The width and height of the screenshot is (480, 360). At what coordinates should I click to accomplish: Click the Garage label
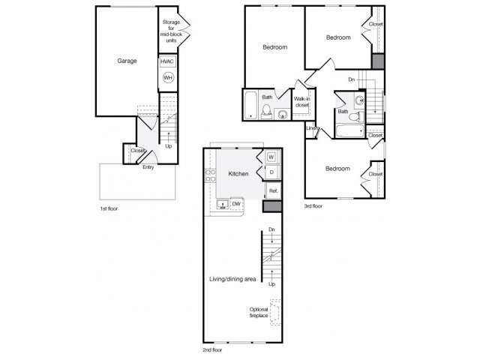click(x=127, y=61)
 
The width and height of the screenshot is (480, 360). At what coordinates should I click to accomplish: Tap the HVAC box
click(x=167, y=61)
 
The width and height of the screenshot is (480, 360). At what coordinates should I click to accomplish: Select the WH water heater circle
click(x=168, y=78)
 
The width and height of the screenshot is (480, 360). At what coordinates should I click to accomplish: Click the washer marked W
click(x=271, y=157)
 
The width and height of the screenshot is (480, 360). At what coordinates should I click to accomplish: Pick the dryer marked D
click(x=271, y=172)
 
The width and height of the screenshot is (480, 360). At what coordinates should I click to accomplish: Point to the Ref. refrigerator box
click(x=273, y=190)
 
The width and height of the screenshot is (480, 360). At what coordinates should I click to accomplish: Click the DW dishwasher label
click(x=236, y=204)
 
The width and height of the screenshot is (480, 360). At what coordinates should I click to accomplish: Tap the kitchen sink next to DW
click(x=223, y=204)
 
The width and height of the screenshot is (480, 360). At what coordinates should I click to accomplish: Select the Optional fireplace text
click(x=259, y=312)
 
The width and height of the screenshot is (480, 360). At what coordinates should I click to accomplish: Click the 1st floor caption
click(x=109, y=208)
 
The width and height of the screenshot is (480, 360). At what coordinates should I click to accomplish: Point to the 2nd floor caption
click(x=212, y=349)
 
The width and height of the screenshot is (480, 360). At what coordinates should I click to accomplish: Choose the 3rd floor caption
click(x=313, y=206)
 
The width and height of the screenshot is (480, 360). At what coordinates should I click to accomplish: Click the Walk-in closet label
click(x=301, y=102)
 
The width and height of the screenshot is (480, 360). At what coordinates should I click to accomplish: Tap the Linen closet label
click(x=313, y=128)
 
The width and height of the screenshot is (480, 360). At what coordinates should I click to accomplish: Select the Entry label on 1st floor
click(x=148, y=167)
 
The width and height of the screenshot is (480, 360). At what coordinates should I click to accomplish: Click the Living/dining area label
click(x=232, y=279)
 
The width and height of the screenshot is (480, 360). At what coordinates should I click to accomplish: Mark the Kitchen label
click(x=238, y=174)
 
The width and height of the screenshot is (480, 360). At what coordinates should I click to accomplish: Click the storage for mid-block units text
click(x=171, y=31)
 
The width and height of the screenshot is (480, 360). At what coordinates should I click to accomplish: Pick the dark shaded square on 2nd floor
click(x=272, y=206)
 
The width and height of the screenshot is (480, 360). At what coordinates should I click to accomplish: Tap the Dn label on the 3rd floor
click(x=352, y=79)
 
